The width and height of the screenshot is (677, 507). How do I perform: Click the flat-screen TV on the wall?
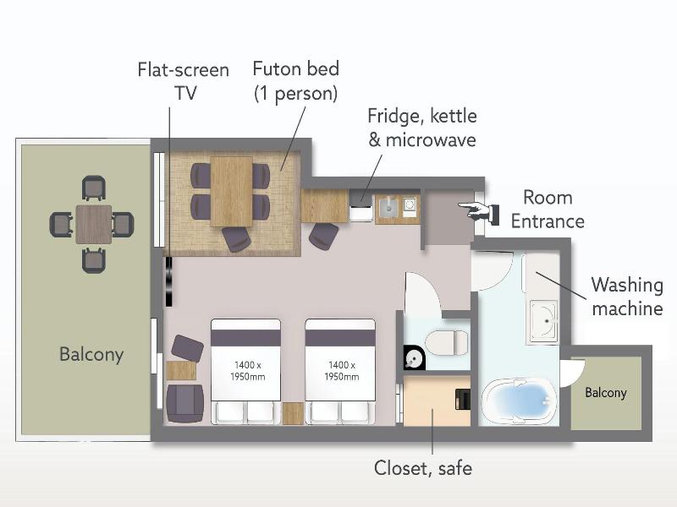[168, 281]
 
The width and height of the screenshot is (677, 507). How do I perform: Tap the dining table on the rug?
[231, 191]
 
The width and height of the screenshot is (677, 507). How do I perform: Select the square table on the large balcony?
[94, 224]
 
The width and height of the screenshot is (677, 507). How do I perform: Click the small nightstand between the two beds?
[293, 413]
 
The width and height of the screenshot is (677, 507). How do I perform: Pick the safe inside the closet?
[463, 399]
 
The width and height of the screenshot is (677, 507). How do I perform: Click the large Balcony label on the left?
[91, 354]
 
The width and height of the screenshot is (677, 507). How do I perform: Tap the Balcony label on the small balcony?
[605, 393]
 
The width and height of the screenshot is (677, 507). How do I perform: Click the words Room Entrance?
[548, 210]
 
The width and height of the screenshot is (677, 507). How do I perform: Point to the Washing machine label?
[627, 297]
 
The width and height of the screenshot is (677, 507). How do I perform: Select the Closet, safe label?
[422, 468]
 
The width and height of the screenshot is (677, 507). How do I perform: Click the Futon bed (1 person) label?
[295, 81]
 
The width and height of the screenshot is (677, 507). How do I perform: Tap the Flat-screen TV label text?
[184, 81]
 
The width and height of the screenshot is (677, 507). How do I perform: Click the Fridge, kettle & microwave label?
[422, 128]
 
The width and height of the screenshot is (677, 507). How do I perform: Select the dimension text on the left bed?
[247, 371]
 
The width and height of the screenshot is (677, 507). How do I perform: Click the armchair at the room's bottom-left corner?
[184, 404]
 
